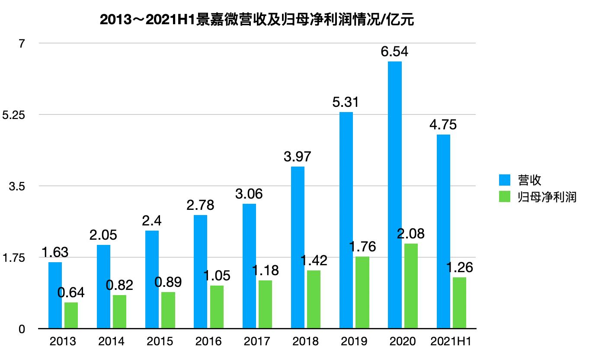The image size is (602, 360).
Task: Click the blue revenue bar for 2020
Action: (x=394, y=195)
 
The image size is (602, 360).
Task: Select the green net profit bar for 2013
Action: (x=71, y=315)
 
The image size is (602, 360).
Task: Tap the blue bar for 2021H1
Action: (x=443, y=231)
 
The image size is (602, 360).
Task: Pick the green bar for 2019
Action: (x=362, y=292)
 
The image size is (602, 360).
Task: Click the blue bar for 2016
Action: (x=200, y=272)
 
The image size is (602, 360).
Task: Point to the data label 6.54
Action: (x=394, y=52)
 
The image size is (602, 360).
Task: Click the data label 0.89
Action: (x=168, y=282)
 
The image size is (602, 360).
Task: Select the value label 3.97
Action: (x=298, y=157)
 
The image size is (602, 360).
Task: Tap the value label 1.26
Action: (x=459, y=267)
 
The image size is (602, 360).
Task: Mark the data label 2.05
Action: (x=103, y=235)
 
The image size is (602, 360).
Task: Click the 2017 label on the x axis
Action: (x=257, y=341)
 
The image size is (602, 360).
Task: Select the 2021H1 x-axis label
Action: (x=451, y=341)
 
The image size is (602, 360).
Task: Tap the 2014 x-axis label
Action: (x=111, y=341)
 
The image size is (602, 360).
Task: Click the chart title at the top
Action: (x=257, y=20)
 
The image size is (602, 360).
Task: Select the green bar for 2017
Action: (x=265, y=305)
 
